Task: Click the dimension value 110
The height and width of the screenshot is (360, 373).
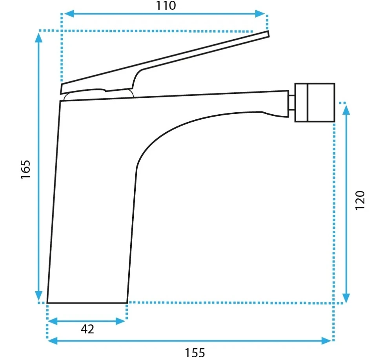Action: pos(166,5)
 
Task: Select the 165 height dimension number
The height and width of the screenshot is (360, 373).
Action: pos(26,170)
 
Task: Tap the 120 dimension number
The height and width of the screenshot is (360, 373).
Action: pos(360,200)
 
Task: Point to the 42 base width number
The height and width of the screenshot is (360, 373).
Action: pos(87,329)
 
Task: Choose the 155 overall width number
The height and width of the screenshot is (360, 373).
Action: pos(195,353)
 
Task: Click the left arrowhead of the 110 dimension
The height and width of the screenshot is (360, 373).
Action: pos(69,14)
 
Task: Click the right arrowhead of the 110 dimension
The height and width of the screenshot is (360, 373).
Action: pos(260,14)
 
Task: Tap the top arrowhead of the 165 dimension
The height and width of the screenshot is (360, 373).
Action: pos(38,38)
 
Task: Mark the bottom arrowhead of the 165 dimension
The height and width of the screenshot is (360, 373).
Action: pos(38,296)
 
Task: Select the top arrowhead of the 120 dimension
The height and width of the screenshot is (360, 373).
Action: pos(347,110)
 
